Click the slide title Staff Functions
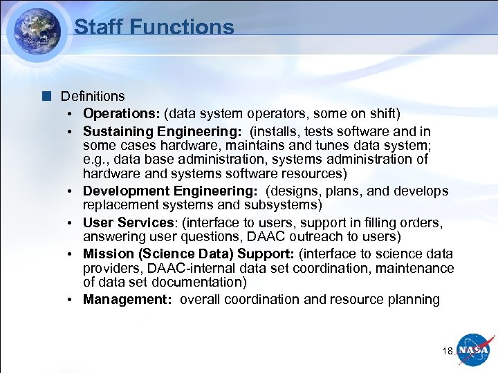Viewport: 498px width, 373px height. (x=154, y=27)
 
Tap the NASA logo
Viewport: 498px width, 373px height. (x=475, y=351)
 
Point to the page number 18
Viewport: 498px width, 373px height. (x=447, y=352)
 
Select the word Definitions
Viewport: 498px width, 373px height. (x=93, y=96)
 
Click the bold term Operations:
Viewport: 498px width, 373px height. (x=122, y=113)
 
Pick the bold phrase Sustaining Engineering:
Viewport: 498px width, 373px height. (x=163, y=131)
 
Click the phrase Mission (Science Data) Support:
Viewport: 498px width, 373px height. (x=189, y=254)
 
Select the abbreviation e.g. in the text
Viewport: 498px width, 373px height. (x=95, y=160)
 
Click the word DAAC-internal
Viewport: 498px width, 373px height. (x=183, y=268)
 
